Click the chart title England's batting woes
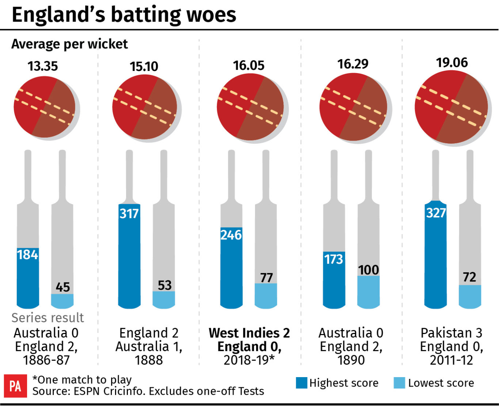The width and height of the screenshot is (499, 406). (124, 15)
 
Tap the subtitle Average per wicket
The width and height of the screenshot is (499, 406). (69, 44)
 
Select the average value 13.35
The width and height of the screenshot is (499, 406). (43, 66)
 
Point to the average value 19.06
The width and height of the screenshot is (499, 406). (452, 62)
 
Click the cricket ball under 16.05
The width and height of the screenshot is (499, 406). (250, 107)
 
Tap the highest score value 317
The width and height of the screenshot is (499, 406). (129, 213)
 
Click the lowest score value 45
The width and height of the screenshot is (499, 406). (62, 287)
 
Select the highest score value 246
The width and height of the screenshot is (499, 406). (231, 235)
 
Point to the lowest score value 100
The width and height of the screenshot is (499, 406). (368, 270)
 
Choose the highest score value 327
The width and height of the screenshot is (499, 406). (435, 212)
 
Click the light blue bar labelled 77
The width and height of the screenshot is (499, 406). (266, 296)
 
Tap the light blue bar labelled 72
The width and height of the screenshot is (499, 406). (470, 297)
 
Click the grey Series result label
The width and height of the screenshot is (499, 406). (47, 318)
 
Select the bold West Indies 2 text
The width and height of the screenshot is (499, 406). (249, 333)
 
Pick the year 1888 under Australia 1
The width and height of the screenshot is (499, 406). (149, 360)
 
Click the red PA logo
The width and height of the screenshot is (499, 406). (15, 386)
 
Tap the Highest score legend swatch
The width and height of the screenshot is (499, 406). (301, 383)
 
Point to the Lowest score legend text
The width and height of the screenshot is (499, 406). (441, 383)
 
